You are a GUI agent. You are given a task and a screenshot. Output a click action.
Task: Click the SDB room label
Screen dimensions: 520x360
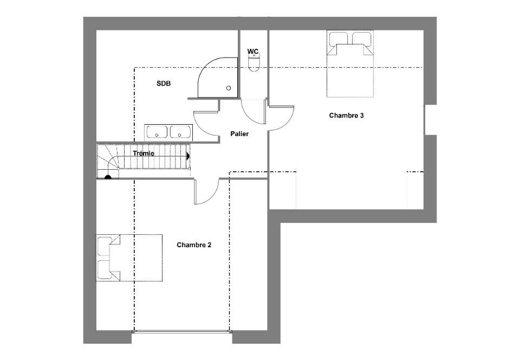(x=164, y=83)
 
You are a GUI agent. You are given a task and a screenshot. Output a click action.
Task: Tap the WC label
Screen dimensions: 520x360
(x=253, y=52)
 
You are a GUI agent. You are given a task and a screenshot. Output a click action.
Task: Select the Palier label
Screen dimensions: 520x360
(x=239, y=134)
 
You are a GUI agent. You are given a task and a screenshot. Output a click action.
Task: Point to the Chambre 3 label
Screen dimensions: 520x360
(x=346, y=115)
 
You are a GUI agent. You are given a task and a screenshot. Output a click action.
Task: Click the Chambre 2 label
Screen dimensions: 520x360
(x=194, y=245)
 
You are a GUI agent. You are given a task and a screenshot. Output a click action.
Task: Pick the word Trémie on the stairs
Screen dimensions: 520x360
(x=144, y=153)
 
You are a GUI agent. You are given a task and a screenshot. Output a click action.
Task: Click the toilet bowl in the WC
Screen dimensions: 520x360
(x=255, y=63)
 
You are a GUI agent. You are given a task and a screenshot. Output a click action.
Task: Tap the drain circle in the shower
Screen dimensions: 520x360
(x=229, y=88)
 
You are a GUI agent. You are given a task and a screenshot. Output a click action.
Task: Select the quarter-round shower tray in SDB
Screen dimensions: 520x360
(x=218, y=78)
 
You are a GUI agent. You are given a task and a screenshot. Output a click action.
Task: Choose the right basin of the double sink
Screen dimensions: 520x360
(x=180, y=131)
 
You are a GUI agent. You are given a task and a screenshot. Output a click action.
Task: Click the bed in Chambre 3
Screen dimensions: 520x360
(x=350, y=64)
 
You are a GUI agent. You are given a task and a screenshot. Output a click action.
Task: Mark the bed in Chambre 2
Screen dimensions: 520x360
(x=129, y=258)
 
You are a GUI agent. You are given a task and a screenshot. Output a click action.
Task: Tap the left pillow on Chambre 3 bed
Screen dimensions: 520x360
(x=338, y=38)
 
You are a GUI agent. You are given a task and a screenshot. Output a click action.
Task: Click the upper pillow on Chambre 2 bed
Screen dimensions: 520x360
(x=105, y=246)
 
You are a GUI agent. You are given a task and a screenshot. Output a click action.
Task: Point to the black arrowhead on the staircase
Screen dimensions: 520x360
(x=188, y=156)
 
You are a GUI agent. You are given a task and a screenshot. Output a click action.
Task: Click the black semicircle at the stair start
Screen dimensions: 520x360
(x=108, y=177)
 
